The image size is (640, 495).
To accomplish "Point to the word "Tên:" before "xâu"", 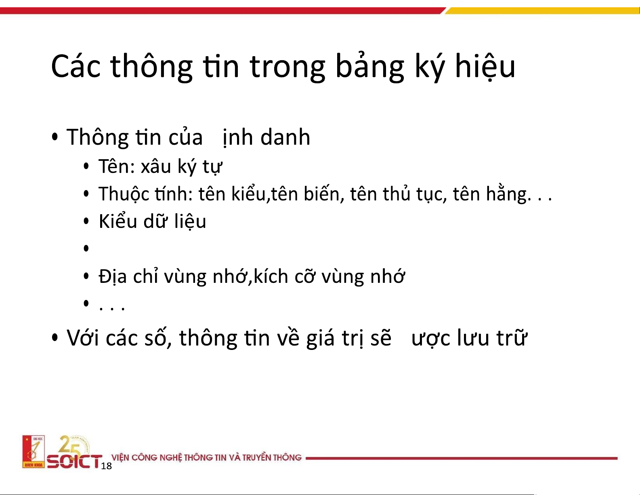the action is [117, 166].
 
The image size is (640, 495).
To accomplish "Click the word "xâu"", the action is [156, 167].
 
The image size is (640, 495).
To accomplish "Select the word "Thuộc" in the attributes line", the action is [124, 194].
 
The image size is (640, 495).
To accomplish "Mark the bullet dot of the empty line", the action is [86, 249].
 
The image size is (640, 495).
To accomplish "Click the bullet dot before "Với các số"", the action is [55, 338].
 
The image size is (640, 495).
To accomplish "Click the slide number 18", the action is [106, 466].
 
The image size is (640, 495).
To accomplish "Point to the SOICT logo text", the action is [74, 461].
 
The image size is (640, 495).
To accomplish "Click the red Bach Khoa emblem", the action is [33, 451].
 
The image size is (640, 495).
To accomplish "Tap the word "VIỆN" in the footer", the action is [120, 457].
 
